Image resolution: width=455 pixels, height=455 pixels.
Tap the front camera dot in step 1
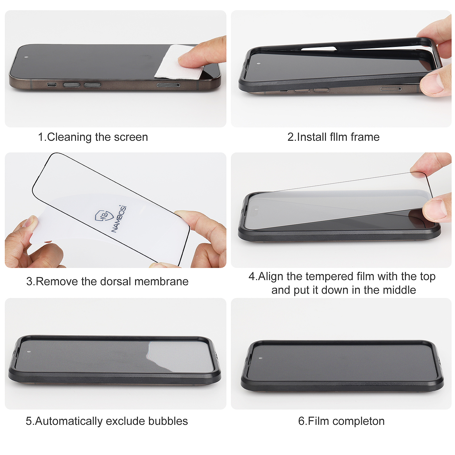[x=26, y=57]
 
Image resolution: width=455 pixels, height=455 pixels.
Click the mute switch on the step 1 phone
[x=52, y=85]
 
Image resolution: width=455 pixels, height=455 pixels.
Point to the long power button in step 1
[x=168, y=85]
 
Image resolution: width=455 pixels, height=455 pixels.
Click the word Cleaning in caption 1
[x=70, y=137]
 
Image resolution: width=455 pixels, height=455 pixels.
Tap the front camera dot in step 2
[x=258, y=64]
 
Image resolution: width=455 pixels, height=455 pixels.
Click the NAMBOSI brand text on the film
[x=119, y=219]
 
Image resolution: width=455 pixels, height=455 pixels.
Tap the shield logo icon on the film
[x=103, y=215]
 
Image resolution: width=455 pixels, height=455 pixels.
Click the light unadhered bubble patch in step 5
[x=180, y=357]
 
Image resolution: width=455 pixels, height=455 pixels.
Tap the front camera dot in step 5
[x=29, y=352]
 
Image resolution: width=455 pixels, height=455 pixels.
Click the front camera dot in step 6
[x=261, y=358]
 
